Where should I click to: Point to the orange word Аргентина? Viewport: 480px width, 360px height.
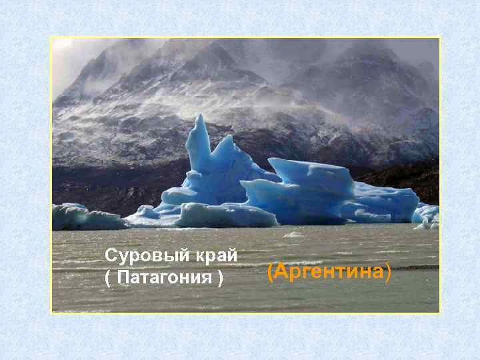point(329,272)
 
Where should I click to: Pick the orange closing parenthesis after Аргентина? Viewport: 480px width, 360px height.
point(388,272)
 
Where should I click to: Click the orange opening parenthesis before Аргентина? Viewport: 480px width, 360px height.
point(270,272)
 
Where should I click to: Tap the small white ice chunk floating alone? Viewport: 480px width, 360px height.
point(294,235)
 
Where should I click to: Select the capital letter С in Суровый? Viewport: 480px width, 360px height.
point(111,256)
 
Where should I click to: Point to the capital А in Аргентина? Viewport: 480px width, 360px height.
point(280,272)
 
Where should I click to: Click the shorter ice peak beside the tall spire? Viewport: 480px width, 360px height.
point(227,141)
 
